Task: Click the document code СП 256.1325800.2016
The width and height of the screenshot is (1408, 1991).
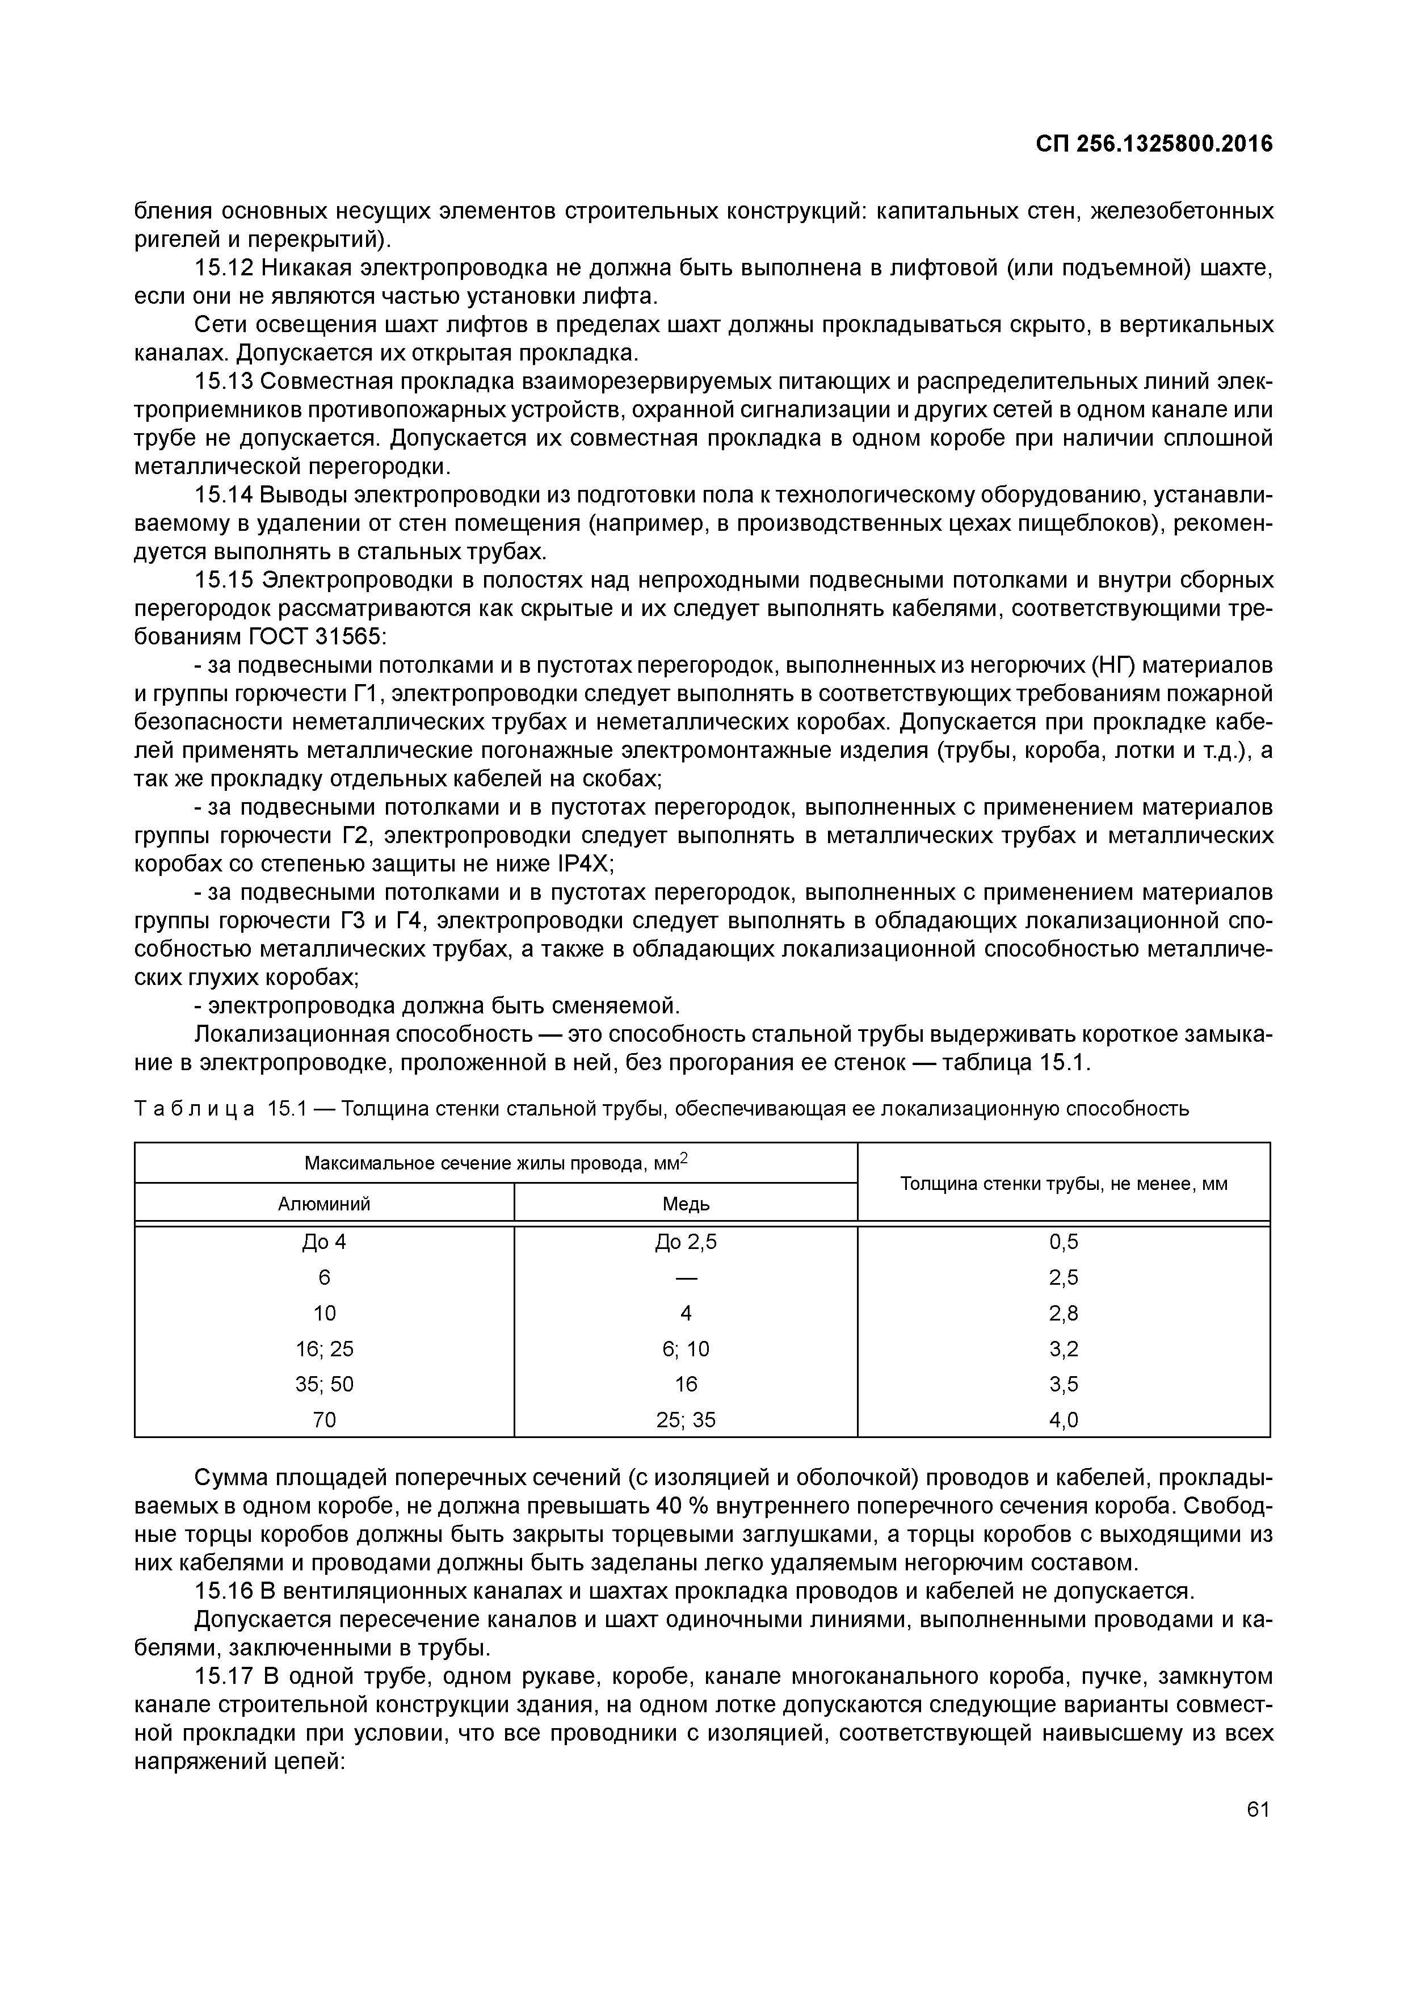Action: (x=1154, y=144)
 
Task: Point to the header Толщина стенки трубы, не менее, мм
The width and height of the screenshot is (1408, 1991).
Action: (x=1064, y=1184)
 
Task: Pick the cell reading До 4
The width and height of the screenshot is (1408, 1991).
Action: (x=323, y=1242)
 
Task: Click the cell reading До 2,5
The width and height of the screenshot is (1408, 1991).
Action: (x=686, y=1242)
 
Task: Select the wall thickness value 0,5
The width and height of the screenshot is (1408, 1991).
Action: (x=1064, y=1242)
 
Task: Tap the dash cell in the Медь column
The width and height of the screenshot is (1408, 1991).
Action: (x=686, y=1277)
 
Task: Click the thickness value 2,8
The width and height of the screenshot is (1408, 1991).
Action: (x=1064, y=1313)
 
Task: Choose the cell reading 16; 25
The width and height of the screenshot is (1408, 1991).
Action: (x=323, y=1348)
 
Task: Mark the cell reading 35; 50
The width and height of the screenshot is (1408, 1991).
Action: (x=323, y=1384)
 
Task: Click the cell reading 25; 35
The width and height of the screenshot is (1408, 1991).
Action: (x=686, y=1419)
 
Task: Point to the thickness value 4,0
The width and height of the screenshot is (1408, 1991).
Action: (x=1064, y=1419)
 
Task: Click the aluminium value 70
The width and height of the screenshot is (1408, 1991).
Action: (x=323, y=1419)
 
